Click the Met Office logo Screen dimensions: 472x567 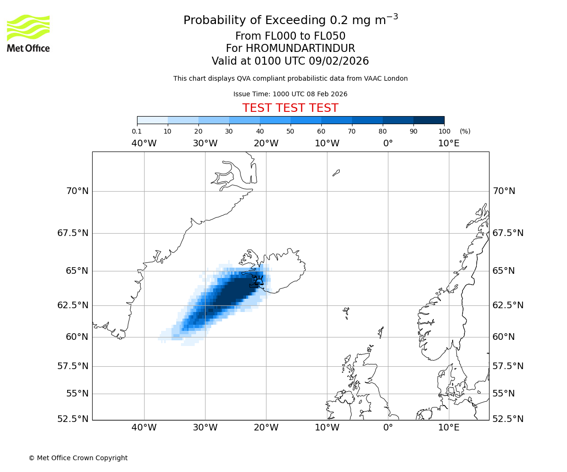[x=28, y=33]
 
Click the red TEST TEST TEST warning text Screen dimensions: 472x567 [x=290, y=108]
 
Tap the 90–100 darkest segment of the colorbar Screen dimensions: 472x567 [x=429, y=120]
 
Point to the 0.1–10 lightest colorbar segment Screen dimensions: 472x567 [x=152, y=120]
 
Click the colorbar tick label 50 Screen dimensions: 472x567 [x=290, y=131]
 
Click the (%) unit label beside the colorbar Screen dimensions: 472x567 [x=465, y=131]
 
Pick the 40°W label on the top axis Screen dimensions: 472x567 [x=144, y=143]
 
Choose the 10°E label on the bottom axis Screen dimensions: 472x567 [x=448, y=428]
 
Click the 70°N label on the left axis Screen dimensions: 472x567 [x=77, y=191]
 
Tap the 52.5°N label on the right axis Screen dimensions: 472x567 [x=508, y=419]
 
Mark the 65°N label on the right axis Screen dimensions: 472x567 [x=504, y=271]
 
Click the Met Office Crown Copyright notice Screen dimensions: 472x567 [x=78, y=458]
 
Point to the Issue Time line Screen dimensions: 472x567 [x=290, y=94]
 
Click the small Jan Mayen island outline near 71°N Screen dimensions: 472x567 [x=336, y=173]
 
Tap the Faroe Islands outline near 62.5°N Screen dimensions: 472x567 [x=346, y=312]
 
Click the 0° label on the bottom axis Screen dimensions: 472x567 [x=388, y=428]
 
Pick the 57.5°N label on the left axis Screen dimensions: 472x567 [x=73, y=366]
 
